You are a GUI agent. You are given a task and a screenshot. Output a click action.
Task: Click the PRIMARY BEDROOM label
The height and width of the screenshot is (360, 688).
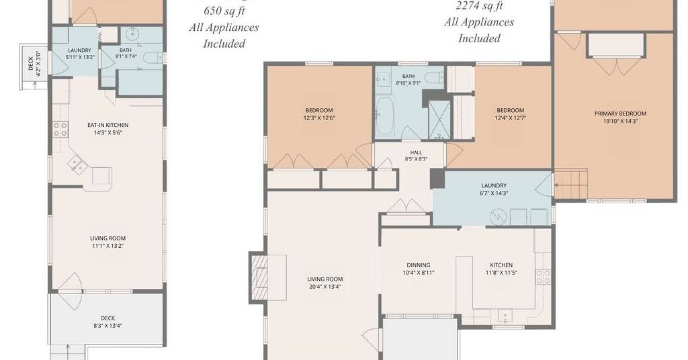pyautogui.click(x=620, y=114)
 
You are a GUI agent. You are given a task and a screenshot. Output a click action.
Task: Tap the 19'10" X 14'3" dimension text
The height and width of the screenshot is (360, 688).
pyautogui.click(x=620, y=122)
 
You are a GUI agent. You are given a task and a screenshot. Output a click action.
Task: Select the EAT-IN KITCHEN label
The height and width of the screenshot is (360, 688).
pyautogui.click(x=108, y=125)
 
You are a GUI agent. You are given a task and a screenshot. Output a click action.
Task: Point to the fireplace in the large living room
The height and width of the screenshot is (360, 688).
pyautogui.click(x=259, y=277)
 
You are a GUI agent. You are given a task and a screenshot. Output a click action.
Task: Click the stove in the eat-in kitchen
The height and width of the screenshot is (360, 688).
pyautogui.click(x=60, y=129)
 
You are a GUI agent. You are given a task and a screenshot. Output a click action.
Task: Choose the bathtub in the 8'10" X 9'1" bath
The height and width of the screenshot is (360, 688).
pyautogui.click(x=386, y=116)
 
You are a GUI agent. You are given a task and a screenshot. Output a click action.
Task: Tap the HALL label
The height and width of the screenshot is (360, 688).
pyautogui.click(x=416, y=152)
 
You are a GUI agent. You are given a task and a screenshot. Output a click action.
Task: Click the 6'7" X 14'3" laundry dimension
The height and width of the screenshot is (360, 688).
pyautogui.click(x=494, y=193)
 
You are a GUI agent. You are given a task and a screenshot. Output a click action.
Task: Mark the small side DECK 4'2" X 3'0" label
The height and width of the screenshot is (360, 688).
pyautogui.click(x=34, y=64)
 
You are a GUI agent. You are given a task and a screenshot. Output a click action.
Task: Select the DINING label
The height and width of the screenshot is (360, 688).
pyautogui.click(x=418, y=265)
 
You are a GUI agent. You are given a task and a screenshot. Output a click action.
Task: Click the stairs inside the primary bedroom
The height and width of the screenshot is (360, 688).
pyautogui.click(x=570, y=184)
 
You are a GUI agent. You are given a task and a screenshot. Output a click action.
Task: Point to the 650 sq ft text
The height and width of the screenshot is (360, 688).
pyautogui.click(x=224, y=11)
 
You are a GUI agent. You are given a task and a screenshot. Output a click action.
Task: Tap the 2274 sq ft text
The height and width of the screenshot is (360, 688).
pyautogui.click(x=479, y=5)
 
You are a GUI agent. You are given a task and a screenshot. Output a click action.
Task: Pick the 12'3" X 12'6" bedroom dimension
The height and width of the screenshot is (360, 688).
pyautogui.click(x=319, y=118)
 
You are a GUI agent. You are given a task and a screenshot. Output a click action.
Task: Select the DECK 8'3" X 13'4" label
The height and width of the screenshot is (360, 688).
pyautogui.click(x=108, y=322)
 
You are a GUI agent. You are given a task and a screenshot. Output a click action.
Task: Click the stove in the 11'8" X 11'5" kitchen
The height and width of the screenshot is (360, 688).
pyautogui.click(x=543, y=277)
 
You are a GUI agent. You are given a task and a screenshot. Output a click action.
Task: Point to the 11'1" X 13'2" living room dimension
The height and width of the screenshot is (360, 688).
pyautogui.click(x=108, y=246)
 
